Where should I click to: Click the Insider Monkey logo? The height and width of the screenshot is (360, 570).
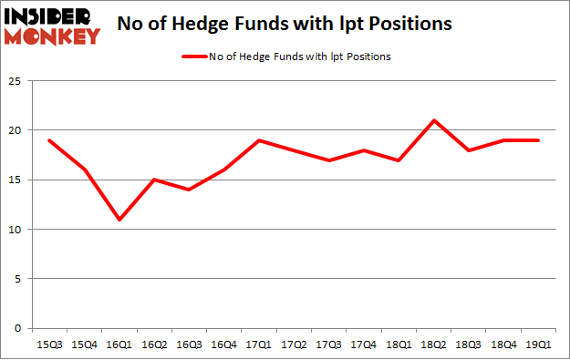click(x=51, y=25)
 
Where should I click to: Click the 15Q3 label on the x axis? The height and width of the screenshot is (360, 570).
click(x=49, y=345)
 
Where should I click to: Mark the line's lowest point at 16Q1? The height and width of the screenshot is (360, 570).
click(x=119, y=220)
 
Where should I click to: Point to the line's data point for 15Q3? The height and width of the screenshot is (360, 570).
click(x=49, y=140)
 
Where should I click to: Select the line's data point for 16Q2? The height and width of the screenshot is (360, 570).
click(x=154, y=180)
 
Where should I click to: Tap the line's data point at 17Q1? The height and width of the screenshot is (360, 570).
click(x=260, y=140)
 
